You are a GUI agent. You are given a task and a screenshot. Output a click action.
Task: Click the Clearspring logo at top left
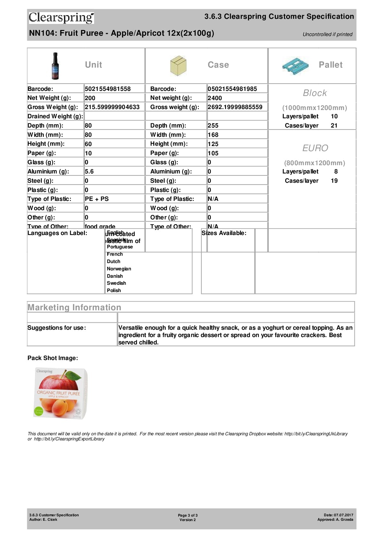pos(61,18)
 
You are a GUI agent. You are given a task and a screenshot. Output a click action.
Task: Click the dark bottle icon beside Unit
pos(56,66)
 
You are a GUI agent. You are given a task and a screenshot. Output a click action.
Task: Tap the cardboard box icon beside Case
pos(178,66)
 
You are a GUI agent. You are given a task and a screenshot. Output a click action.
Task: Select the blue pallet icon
pos(295,66)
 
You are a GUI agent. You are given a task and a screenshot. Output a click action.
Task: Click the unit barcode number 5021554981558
pos(108,89)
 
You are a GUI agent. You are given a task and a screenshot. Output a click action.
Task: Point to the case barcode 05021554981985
pos(232,89)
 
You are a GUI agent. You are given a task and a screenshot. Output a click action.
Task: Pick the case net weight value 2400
pos(215,98)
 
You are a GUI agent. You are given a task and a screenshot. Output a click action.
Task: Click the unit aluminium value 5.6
pos(89,172)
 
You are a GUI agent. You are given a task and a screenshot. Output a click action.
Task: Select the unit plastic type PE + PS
pos(97,199)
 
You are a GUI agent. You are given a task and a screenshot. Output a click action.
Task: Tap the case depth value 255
pos(213,126)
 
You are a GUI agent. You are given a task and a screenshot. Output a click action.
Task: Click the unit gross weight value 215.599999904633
pos(112,107)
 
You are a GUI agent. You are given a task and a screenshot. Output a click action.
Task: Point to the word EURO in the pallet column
pos(315,148)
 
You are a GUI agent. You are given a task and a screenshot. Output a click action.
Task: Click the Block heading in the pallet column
pos(315,93)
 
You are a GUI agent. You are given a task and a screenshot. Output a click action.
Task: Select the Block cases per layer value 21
pos(334,126)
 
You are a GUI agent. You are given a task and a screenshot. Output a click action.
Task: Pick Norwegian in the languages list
pos(119,269)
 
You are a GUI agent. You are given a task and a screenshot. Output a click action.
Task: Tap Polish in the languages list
pos(114,291)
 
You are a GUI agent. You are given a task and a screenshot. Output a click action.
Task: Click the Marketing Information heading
pos(74,307)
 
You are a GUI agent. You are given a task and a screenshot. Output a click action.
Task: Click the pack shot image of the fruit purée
pos(60,394)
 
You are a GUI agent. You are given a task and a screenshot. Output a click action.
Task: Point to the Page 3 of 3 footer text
pos(188,515)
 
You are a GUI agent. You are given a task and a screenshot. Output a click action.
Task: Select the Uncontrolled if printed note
pos(327,34)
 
